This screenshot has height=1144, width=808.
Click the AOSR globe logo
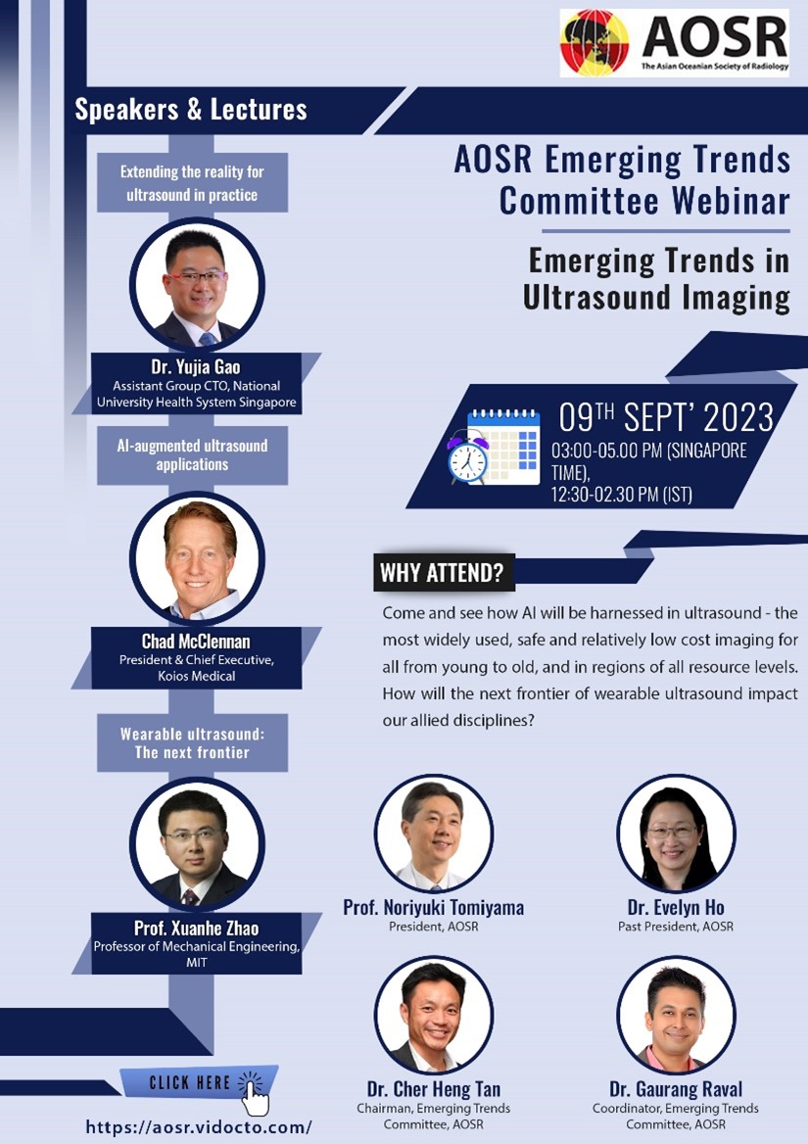click(594, 42)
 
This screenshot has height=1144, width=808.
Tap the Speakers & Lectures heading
click(191, 110)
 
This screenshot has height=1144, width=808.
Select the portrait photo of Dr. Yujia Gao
click(197, 284)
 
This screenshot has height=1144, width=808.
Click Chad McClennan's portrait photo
click(197, 558)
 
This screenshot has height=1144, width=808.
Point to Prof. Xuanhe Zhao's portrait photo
click(197, 843)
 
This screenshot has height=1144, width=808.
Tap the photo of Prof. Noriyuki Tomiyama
click(434, 834)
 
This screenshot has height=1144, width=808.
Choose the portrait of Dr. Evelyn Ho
click(676, 834)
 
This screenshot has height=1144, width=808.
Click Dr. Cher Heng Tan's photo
click(434, 1015)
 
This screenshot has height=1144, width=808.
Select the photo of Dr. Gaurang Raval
click(676, 1015)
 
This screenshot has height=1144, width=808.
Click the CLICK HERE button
click(199, 1082)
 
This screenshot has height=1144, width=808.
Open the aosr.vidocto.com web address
click(199, 1127)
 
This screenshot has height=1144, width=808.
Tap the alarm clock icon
click(467, 457)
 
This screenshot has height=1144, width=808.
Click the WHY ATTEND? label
click(442, 573)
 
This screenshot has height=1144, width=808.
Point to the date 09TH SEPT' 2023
click(666, 417)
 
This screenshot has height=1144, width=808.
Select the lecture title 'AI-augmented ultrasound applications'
click(193, 455)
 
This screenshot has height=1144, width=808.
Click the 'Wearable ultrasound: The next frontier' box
click(193, 742)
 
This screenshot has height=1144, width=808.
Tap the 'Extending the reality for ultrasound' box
click(193, 183)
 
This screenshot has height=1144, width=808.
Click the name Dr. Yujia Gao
click(196, 367)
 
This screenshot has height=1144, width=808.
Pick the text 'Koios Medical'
click(197, 677)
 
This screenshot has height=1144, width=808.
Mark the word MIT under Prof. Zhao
click(196, 963)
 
